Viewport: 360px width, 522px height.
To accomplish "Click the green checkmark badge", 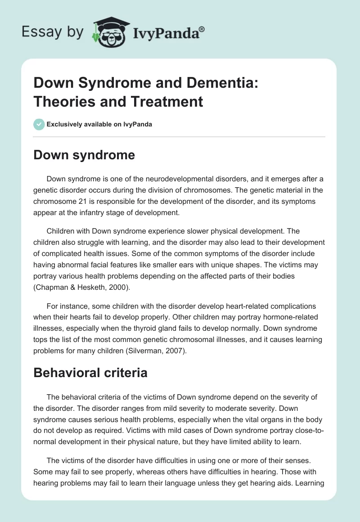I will [x=39, y=124].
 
